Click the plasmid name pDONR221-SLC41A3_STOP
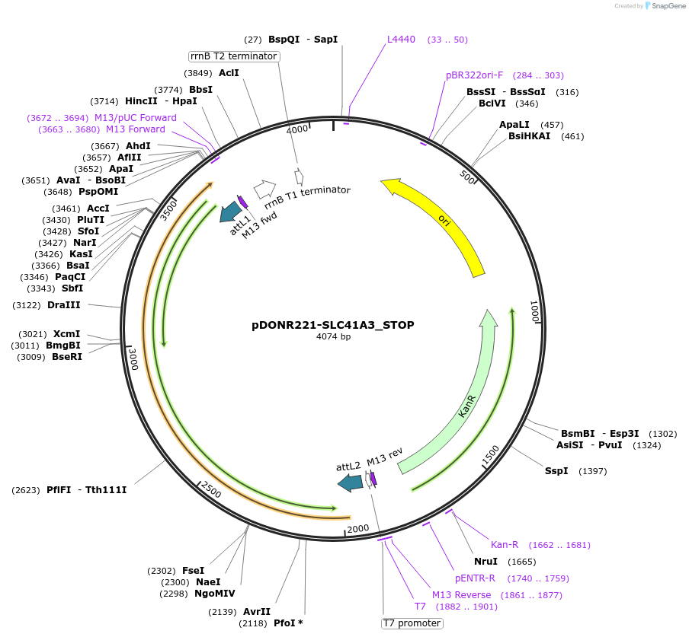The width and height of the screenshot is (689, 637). (333, 325)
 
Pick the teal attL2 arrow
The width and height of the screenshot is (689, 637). (351, 482)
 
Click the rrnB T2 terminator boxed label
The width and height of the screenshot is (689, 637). (233, 56)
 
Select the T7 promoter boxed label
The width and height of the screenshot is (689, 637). (412, 623)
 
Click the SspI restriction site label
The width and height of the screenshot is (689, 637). (556, 471)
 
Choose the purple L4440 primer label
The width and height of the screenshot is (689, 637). (401, 40)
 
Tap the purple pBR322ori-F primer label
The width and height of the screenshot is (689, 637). (474, 75)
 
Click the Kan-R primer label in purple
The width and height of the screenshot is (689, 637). (504, 545)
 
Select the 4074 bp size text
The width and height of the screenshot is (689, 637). (333, 337)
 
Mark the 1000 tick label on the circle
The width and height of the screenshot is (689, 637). (535, 310)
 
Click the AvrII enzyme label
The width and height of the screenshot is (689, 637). (257, 612)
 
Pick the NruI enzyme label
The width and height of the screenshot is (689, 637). (486, 562)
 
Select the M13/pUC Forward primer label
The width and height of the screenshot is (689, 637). (135, 118)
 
